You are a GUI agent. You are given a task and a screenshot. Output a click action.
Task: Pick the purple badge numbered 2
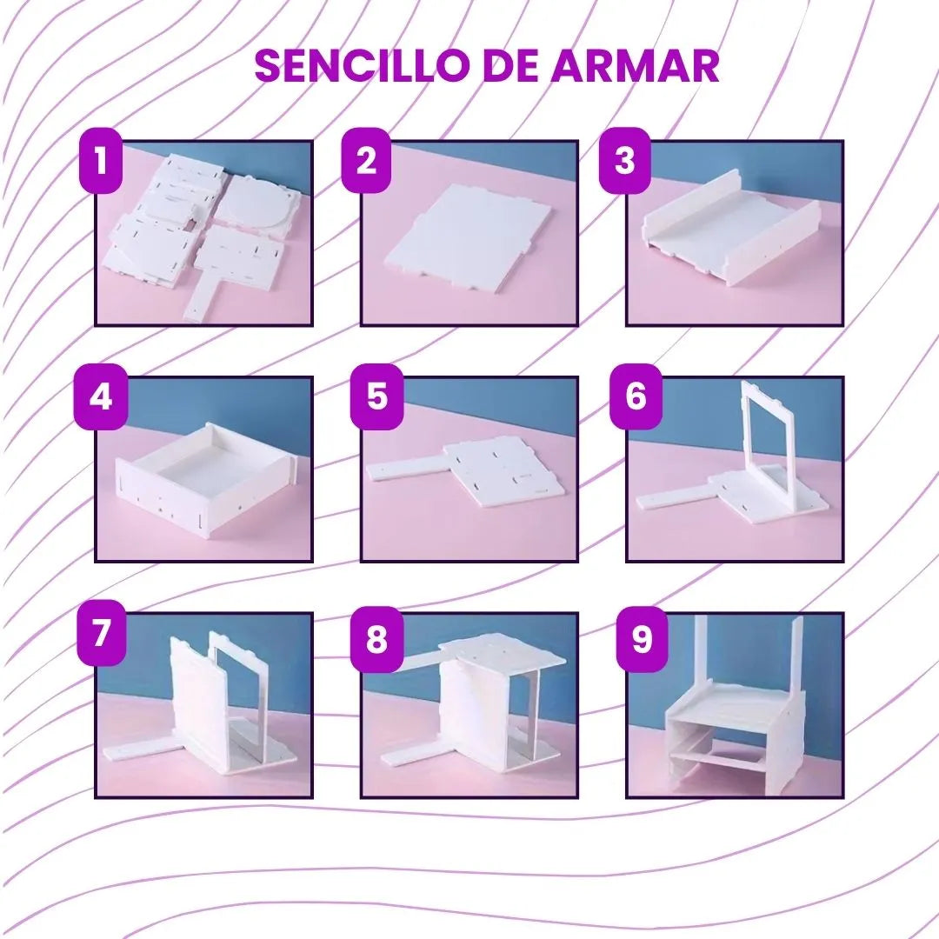[x=366, y=160]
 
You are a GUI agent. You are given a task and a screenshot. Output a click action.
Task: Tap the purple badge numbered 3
[x=624, y=160]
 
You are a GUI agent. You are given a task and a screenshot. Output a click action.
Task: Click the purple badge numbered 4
[x=101, y=396]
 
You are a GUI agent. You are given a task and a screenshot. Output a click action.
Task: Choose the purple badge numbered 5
[x=376, y=396]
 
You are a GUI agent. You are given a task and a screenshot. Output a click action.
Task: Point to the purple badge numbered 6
[x=636, y=396]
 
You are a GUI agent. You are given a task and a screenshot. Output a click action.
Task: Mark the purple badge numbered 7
[x=101, y=632]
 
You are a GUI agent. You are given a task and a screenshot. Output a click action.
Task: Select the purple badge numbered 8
[x=376, y=639]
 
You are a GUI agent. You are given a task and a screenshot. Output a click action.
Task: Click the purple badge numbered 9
[x=642, y=639]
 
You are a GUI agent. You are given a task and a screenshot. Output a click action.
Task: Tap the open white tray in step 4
[x=207, y=478]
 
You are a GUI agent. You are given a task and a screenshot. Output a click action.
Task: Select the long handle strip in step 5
[x=406, y=469]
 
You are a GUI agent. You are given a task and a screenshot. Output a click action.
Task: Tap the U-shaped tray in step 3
[x=730, y=228]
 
